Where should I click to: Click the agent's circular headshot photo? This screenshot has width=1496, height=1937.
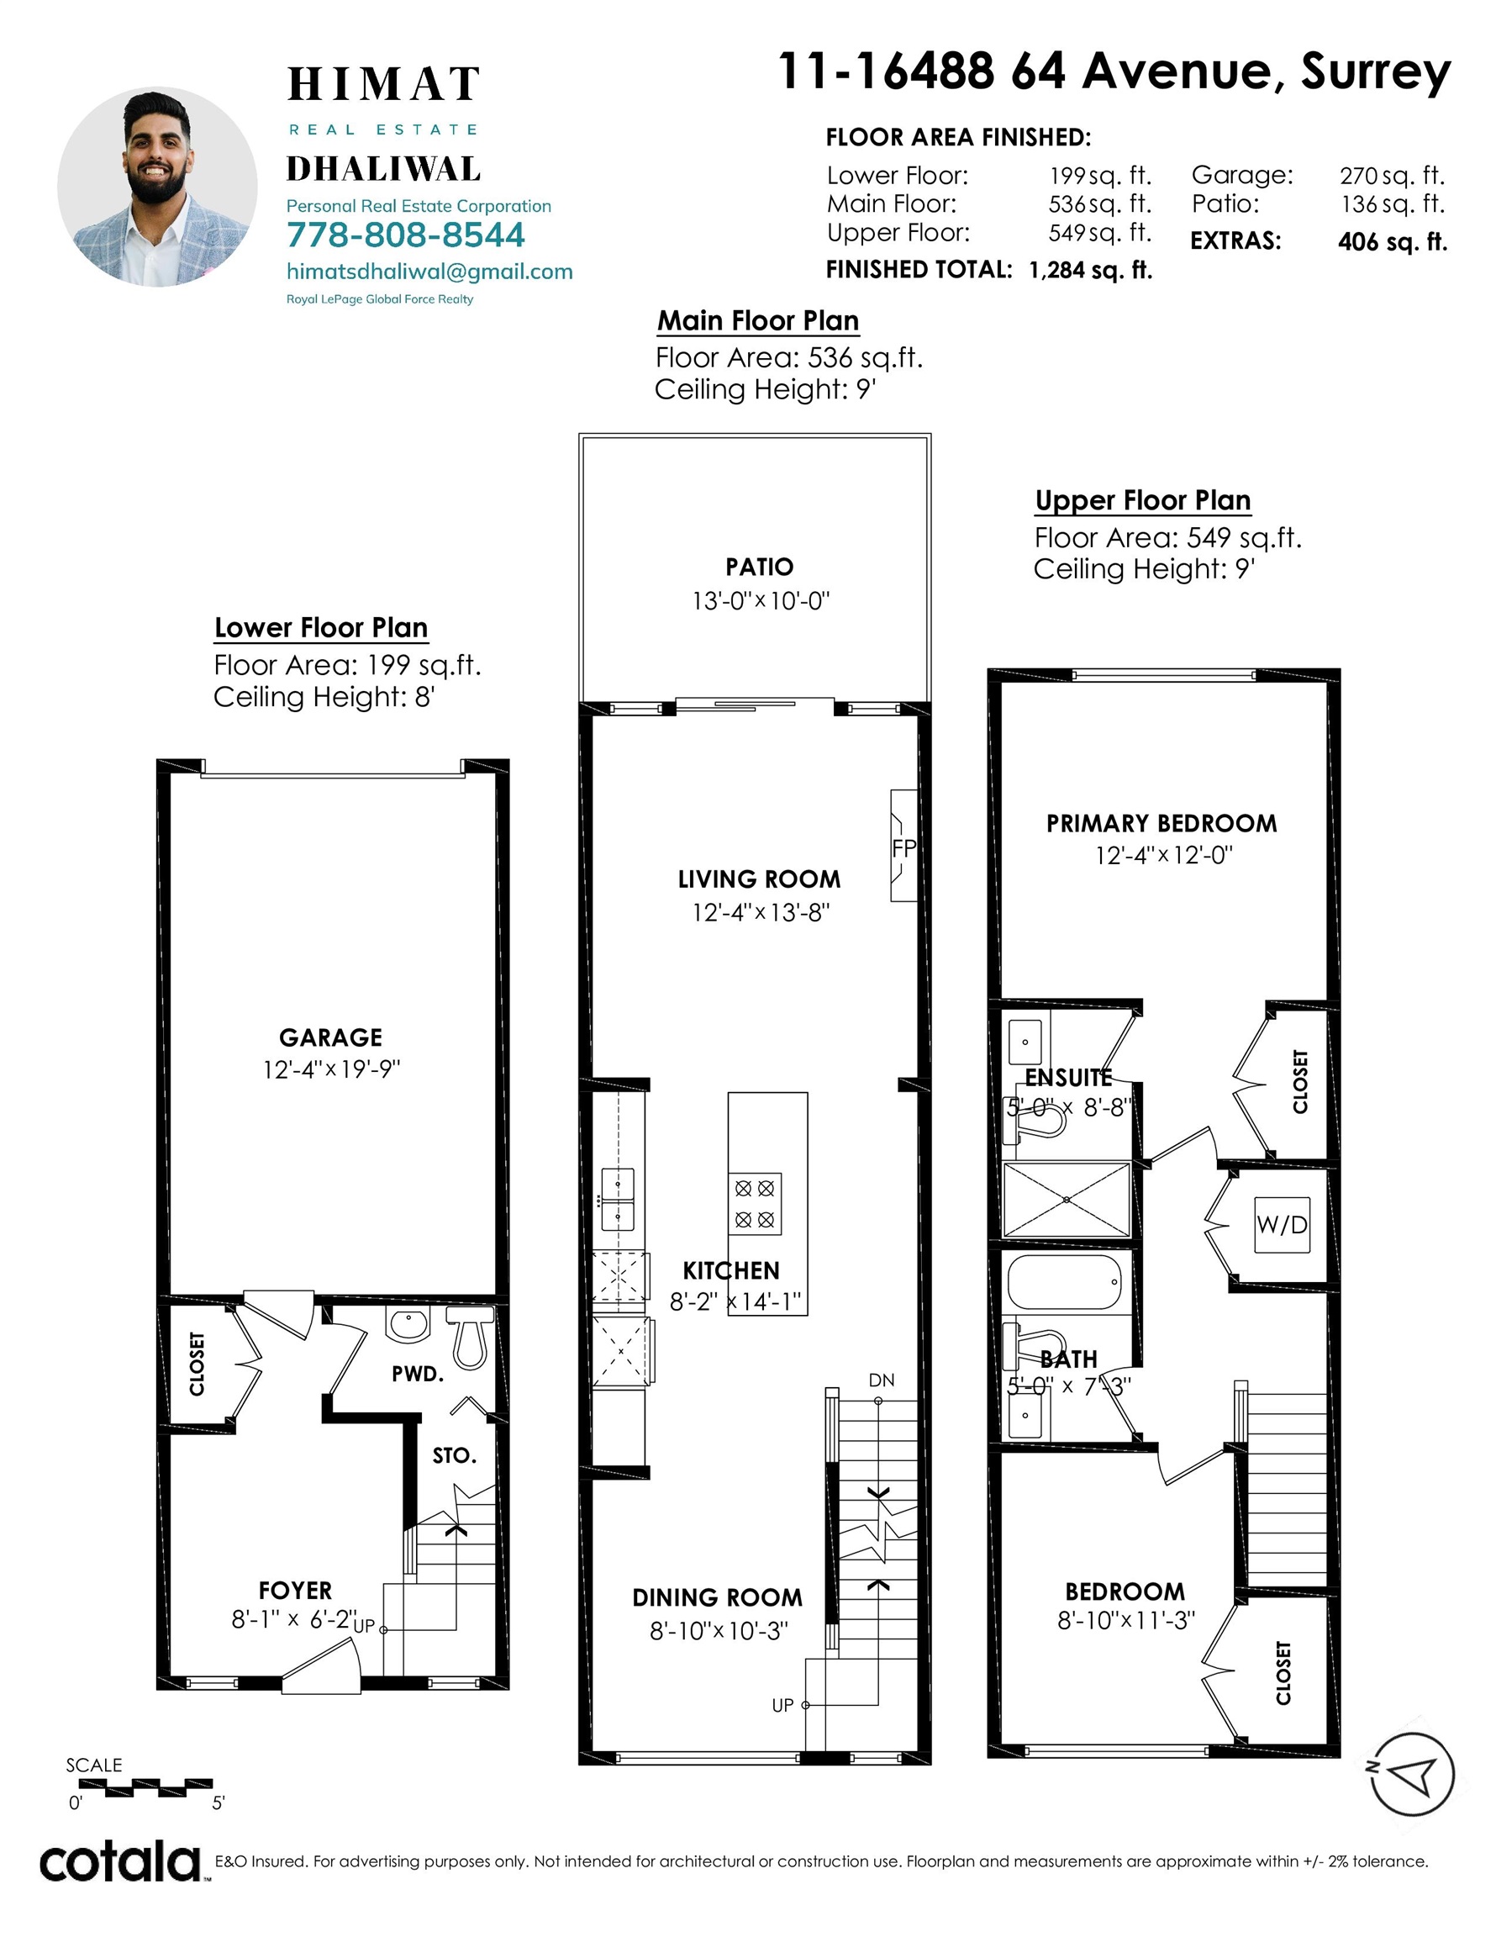coord(157,187)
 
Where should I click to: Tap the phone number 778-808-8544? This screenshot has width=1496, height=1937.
coord(405,235)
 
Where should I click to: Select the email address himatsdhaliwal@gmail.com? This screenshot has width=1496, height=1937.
coord(429,272)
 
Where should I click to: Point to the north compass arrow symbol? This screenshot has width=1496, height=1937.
coord(1412,1775)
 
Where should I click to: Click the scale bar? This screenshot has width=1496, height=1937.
coord(146,1788)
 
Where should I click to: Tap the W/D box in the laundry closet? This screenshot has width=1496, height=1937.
coord(1283,1225)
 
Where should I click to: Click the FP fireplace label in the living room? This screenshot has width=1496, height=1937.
coord(903,849)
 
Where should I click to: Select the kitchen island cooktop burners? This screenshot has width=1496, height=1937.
coord(755,1204)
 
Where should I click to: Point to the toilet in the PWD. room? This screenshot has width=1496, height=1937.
coord(469,1338)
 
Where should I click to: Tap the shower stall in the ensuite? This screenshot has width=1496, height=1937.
coord(1066,1199)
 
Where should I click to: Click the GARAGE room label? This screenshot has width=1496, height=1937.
coord(331,1037)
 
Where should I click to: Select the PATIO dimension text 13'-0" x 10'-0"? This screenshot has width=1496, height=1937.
coord(761,601)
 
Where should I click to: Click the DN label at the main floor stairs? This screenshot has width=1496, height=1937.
coord(882,1380)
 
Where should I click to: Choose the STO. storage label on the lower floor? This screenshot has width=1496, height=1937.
coord(455,1455)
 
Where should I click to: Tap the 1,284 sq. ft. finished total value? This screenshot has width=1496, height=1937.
coord(1091,271)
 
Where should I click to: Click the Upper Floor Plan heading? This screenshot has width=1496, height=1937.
coord(1143,501)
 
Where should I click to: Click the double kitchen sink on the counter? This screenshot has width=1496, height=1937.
coord(618,1200)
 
